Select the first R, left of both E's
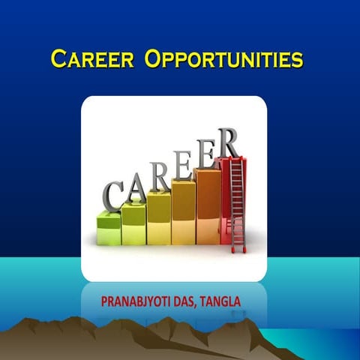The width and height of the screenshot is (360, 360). [157, 175]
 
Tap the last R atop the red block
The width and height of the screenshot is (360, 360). [227, 142]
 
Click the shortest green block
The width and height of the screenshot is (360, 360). [109, 228]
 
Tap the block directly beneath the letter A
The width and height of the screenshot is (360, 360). [133, 223]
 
